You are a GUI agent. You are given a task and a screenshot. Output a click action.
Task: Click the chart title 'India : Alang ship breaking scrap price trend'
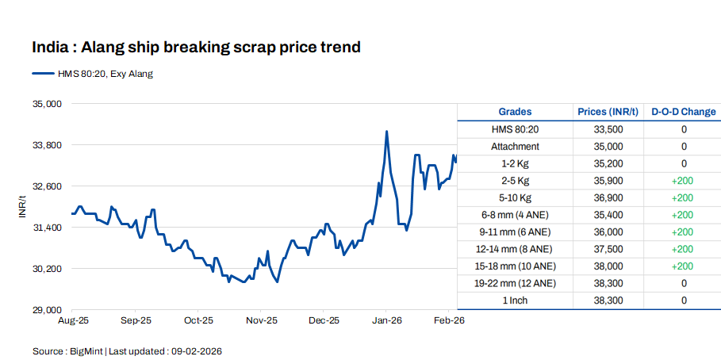point(196,48)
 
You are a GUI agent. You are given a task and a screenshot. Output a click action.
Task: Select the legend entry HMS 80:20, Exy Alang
point(104,74)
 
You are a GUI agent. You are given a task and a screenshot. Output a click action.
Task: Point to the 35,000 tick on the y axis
point(47,104)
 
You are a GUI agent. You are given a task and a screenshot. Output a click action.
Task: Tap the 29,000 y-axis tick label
point(47,309)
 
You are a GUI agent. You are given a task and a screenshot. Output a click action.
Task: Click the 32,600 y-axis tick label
point(47,186)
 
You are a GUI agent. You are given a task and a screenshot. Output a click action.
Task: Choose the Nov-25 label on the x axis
point(261,321)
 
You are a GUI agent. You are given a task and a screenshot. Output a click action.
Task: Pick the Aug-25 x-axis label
point(73,321)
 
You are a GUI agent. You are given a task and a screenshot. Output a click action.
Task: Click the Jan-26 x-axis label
point(386,321)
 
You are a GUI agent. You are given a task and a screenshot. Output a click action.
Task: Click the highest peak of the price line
point(386,132)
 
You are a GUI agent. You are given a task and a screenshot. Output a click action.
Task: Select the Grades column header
point(515,112)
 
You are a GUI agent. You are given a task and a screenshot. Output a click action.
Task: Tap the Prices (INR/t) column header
point(608,112)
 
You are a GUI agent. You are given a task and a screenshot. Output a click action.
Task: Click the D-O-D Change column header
point(683,112)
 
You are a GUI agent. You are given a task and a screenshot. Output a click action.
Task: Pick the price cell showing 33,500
point(608,129)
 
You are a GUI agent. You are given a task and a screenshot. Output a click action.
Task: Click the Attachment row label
point(515,147)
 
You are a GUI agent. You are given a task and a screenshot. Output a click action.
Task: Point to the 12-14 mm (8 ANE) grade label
point(515,249)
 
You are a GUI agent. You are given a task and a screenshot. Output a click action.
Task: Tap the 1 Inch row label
point(515,301)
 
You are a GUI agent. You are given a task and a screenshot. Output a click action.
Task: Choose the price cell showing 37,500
point(608,249)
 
